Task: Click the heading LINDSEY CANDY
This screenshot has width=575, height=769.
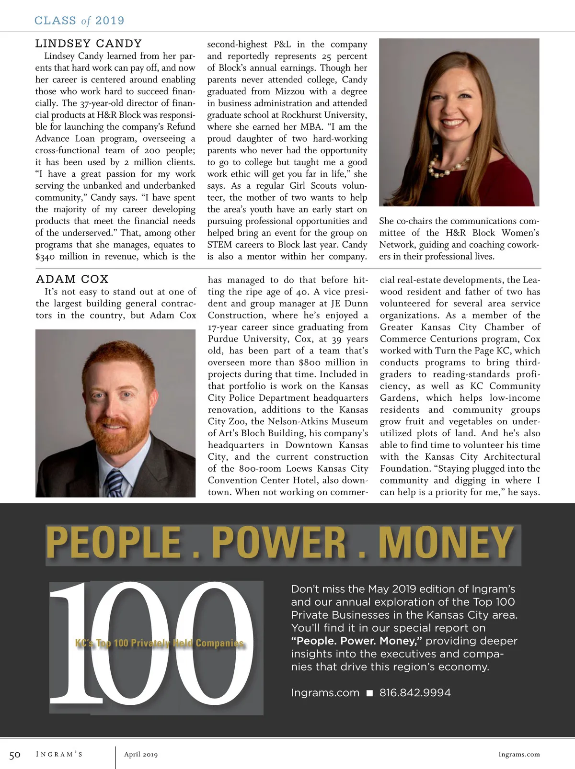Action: [x=88, y=44]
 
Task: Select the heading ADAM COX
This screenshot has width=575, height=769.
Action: [x=72, y=279]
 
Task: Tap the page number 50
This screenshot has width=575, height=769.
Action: [x=15, y=755]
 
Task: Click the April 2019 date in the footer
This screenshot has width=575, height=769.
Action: [x=141, y=755]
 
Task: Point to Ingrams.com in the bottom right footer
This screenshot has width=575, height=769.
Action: [x=519, y=755]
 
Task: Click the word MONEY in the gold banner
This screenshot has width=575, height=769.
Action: [x=446, y=543]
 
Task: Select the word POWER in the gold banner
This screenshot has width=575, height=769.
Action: [x=279, y=543]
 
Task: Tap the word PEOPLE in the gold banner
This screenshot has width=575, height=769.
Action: [x=114, y=543]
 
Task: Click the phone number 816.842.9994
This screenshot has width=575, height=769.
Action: [x=415, y=693]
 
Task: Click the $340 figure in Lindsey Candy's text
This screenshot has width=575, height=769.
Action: [x=46, y=257]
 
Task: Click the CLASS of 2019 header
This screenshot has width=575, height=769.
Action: [x=80, y=21]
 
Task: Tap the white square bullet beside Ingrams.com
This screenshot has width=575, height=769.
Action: [x=369, y=693]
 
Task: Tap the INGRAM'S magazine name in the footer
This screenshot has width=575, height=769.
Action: [x=59, y=755]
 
